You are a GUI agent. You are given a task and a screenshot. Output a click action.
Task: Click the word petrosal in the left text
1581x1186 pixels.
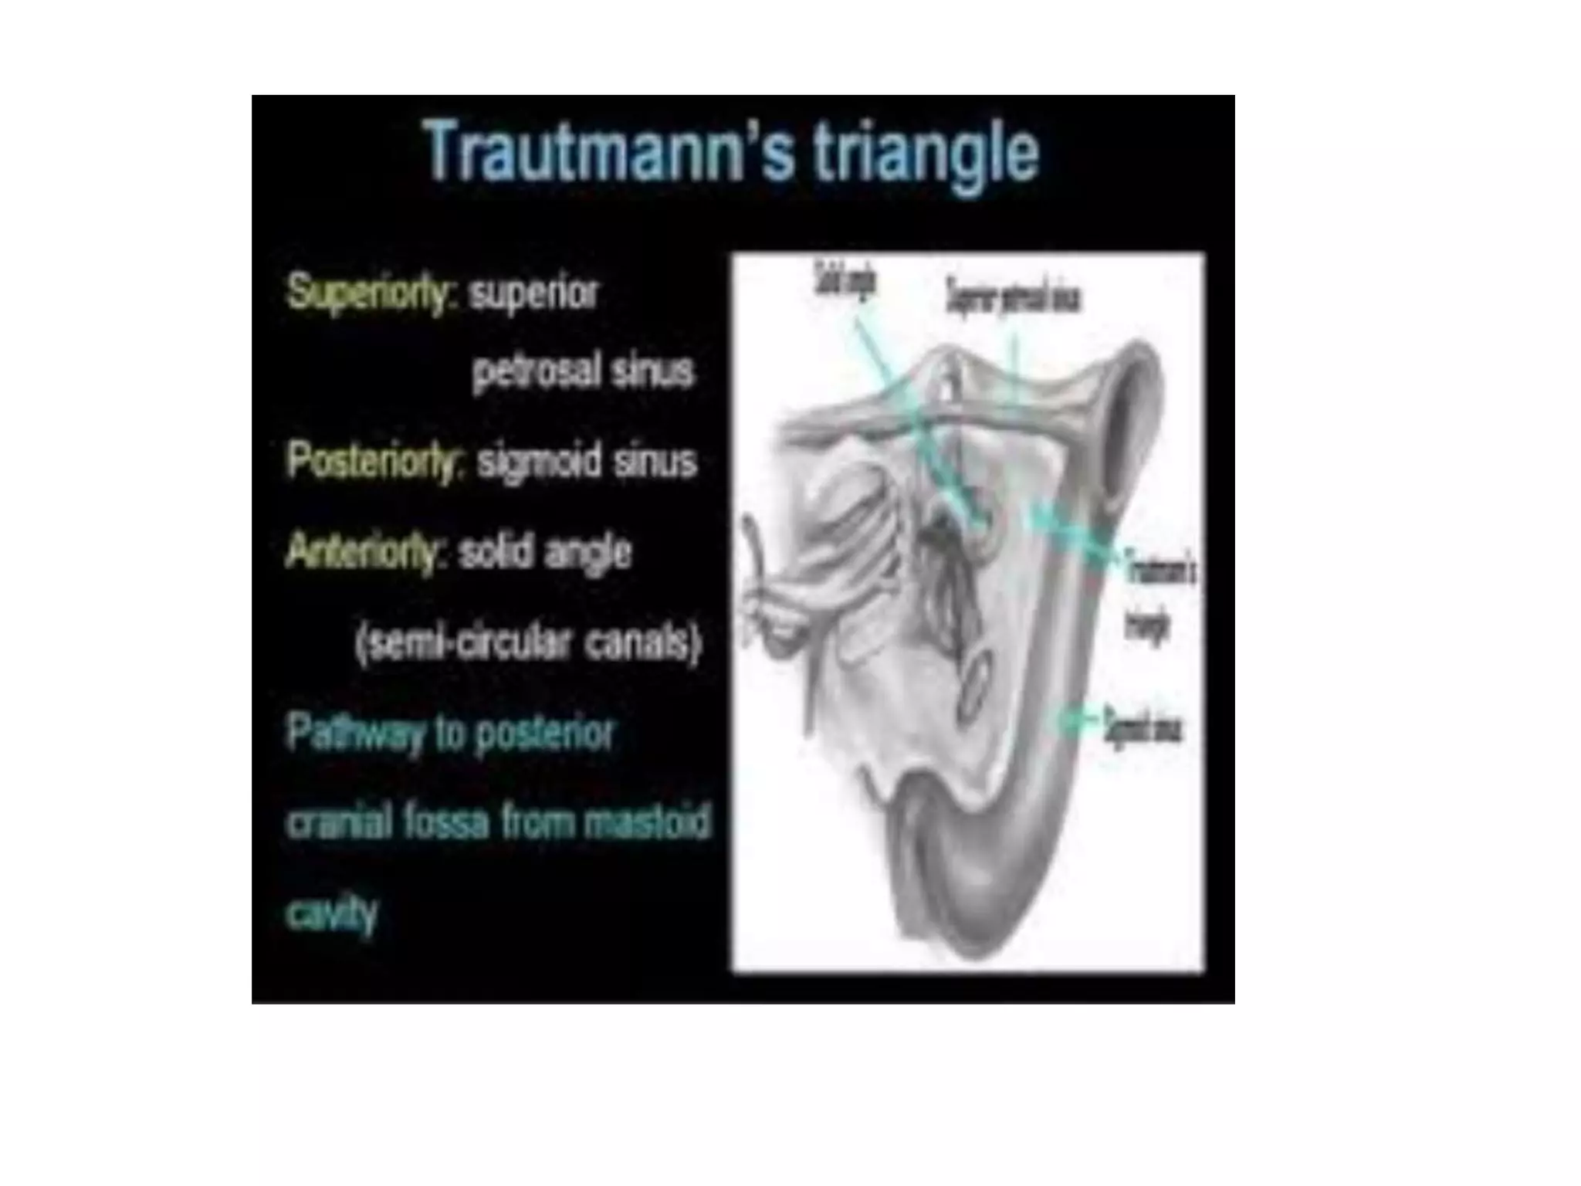click(537, 371)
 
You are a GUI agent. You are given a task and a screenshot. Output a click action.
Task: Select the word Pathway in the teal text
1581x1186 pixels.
click(354, 731)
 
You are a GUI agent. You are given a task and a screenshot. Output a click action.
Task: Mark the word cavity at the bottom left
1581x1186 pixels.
click(332, 913)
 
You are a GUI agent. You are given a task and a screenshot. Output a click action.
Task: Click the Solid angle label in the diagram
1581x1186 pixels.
click(845, 281)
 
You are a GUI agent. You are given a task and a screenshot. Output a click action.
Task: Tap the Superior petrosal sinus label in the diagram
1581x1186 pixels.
click(1014, 296)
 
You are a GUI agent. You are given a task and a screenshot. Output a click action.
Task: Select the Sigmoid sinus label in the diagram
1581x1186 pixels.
click(1143, 726)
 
